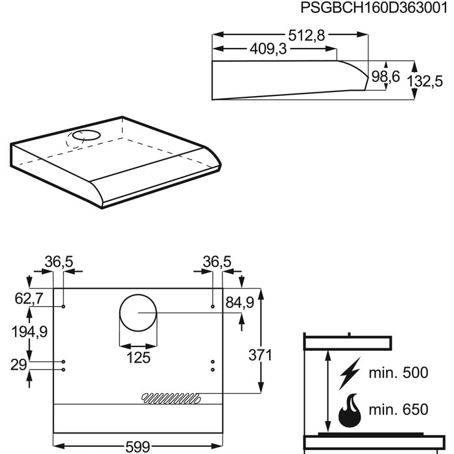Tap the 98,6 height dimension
pyautogui.click(x=385, y=77)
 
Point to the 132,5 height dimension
pyautogui.click(x=425, y=81)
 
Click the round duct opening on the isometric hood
pyautogui.click(x=84, y=136)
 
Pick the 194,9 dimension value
pyautogui.click(x=30, y=332)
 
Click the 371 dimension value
pyautogui.click(x=260, y=355)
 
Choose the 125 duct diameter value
pyautogui.click(x=137, y=357)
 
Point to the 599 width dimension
pyautogui.click(x=137, y=447)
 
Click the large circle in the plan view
pyautogui.click(x=137, y=313)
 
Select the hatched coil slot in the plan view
pyautogui.click(x=171, y=396)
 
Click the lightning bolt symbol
pyautogui.click(x=349, y=374)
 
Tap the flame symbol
pyautogui.click(x=349, y=410)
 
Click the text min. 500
pyautogui.click(x=398, y=373)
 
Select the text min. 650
pyautogui.click(x=398, y=409)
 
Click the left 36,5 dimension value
pyautogui.click(x=58, y=261)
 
